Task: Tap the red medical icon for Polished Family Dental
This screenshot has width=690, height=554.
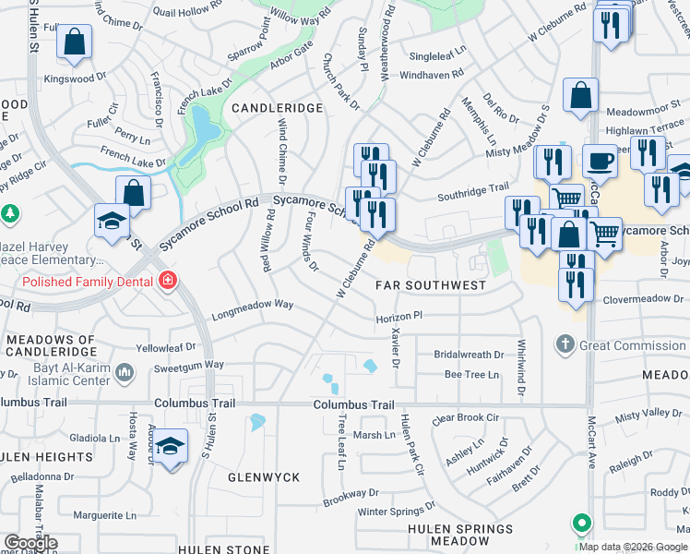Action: click(167, 279)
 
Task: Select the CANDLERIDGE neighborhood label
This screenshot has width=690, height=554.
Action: click(277, 108)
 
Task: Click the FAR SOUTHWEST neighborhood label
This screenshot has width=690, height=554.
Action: click(431, 285)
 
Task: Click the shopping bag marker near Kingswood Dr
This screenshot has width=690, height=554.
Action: click(74, 42)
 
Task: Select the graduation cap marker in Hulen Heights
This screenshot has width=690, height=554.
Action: click(170, 447)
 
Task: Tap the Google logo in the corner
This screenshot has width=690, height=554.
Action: click(30, 543)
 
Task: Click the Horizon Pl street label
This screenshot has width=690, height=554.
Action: click(399, 316)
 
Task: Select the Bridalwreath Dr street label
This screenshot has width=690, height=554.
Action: click(470, 354)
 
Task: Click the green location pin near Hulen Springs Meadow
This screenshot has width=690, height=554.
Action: click(582, 524)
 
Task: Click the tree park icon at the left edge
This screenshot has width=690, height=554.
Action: click(10, 213)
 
